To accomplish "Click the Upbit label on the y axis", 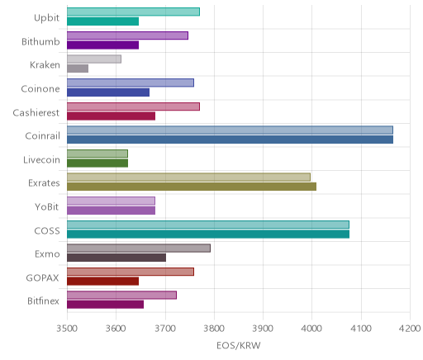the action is [46, 18].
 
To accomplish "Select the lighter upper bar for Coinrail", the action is [230, 130].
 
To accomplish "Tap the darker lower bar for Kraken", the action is [78, 69].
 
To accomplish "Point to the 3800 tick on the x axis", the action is [214, 329].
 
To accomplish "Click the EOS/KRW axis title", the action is [239, 346].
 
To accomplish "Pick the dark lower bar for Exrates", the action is [192, 187].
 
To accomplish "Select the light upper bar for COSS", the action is [208, 225].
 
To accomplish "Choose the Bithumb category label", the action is [40, 42].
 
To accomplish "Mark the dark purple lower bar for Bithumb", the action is [102, 45].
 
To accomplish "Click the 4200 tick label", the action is [410, 329].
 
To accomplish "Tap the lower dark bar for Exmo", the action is [116, 258].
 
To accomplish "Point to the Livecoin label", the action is [41, 160].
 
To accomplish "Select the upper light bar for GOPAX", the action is [131, 272].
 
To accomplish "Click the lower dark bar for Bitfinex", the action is [105, 305].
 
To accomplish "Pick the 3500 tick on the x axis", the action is [67, 329].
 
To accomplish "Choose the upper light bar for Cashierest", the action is [133, 107].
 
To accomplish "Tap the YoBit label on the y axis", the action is [47, 206].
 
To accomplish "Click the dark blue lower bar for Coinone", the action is [108, 92].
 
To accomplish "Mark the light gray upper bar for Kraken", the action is [94, 59].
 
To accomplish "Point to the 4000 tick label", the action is [311, 329].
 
